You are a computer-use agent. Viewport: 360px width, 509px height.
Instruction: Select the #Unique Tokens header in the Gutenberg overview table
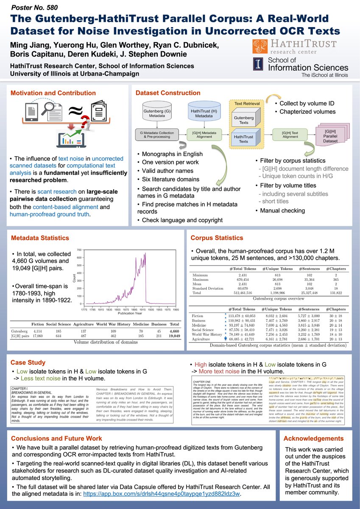click(x=277, y=268)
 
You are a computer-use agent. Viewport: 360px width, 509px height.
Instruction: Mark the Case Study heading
click(x=28, y=363)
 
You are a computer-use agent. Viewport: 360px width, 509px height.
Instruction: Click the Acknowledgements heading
click(x=313, y=439)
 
